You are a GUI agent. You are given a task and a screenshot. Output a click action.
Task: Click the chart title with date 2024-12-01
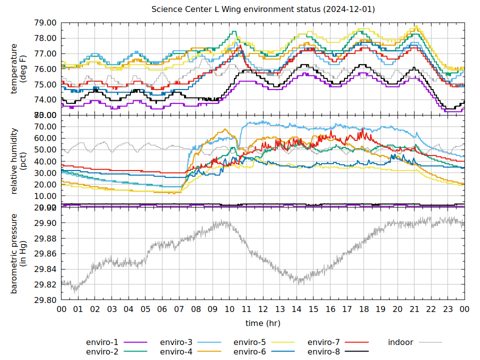coord(263,9)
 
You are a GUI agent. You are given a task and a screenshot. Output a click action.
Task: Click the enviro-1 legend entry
coord(102,342)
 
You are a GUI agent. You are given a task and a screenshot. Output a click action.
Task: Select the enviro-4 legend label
coord(176,352)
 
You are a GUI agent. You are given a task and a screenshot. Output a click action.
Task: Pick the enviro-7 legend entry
coord(323,342)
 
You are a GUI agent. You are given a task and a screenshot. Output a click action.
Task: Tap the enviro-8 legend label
coord(323,352)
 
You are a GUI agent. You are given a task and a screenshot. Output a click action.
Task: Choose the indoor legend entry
coord(400,342)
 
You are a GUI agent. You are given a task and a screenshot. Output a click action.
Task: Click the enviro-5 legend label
coord(250,342)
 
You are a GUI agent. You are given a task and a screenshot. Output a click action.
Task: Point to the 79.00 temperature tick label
coord(45,23)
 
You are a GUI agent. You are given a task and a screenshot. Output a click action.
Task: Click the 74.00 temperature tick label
coord(45,100)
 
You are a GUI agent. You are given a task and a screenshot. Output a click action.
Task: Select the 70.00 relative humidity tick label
coord(45,126)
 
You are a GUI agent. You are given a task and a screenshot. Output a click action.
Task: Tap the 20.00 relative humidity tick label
coord(45,184)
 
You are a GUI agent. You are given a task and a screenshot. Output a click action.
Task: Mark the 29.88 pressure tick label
coord(45,238)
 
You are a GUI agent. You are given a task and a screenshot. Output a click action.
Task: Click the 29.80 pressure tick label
coord(45,300)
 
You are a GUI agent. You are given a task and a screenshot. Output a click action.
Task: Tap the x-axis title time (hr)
coord(263,323)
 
